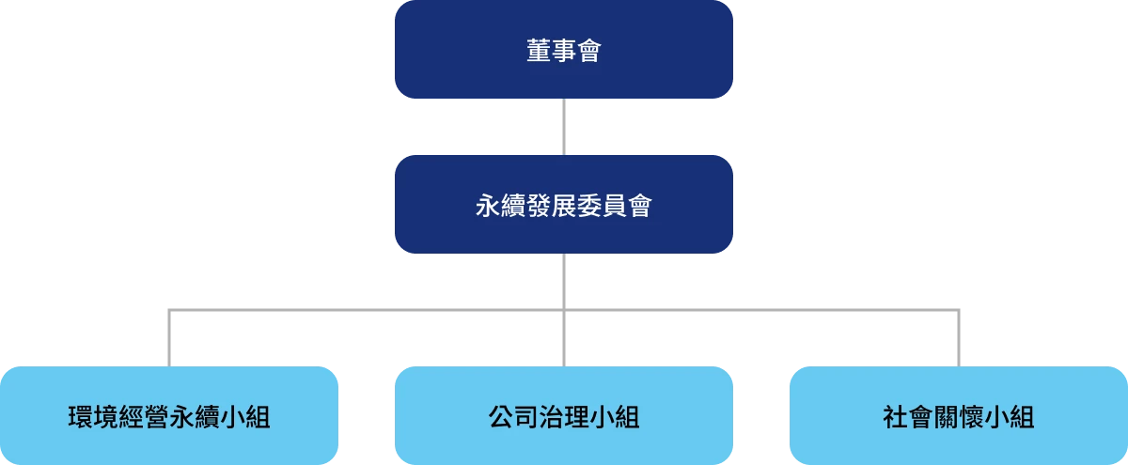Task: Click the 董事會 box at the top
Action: pyautogui.click(x=563, y=49)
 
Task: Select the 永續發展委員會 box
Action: pyautogui.click(x=563, y=205)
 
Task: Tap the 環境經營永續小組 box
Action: pyautogui.click(x=169, y=415)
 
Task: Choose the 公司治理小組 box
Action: pyautogui.click(x=563, y=415)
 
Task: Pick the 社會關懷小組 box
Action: pyautogui.click(x=958, y=415)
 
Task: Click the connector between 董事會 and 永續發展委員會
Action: pyautogui.click(x=563, y=127)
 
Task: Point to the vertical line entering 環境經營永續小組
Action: pyautogui.click(x=169, y=338)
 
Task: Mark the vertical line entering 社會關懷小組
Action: pyautogui.click(x=958, y=338)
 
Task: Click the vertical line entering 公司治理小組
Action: pyautogui.click(x=563, y=338)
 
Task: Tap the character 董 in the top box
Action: pyautogui.click(x=539, y=51)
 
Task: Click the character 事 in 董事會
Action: pyautogui.click(x=563, y=51)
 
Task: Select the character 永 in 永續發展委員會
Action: pyautogui.click(x=488, y=206)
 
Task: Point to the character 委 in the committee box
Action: pyautogui.click(x=588, y=206)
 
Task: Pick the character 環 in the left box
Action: pyautogui.click(x=81, y=417)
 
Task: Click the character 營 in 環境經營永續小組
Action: pyautogui.click(x=156, y=417)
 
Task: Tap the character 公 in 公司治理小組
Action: pyautogui.click(x=500, y=417)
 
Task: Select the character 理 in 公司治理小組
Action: pyautogui.click(x=576, y=417)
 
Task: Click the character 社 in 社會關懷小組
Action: pyautogui.click(x=895, y=417)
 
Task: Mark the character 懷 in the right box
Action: pyautogui.click(x=971, y=417)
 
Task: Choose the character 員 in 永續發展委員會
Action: pyautogui.click(x=614, y=206)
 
